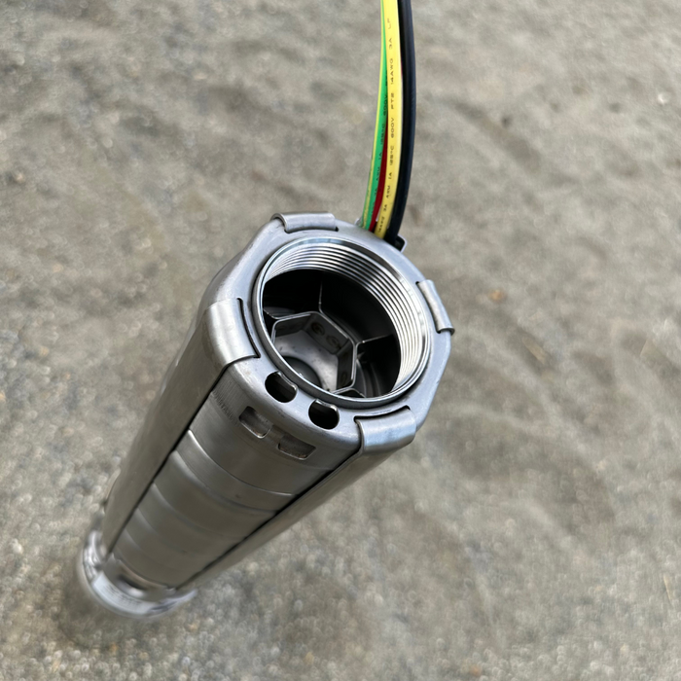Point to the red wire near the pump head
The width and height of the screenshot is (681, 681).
coord(380,195)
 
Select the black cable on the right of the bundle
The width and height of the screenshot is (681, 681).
coord(405,97)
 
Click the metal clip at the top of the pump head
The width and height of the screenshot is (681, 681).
coord(305,223)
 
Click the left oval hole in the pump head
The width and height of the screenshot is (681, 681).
coord(280,387)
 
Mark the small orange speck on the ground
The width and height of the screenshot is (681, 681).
coord(496,295)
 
